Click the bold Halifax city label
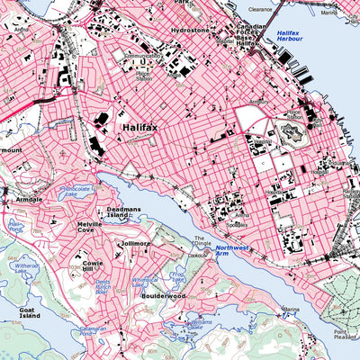139,129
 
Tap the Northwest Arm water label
233,250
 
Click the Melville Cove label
89,227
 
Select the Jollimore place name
135,243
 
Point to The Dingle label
199,240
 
